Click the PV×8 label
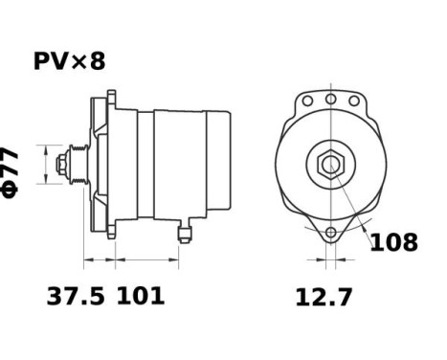point(69,61)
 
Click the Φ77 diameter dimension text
point(11,171)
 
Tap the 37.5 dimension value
point(78,297)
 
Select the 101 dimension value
point(141,297)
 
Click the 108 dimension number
point(393,242)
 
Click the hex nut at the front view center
point(330,164)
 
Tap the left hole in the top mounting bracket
point(307,99)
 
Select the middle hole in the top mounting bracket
point(330,98)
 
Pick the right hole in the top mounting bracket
point(353,99)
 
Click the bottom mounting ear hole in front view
point(330,233)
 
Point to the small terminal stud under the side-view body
point(184,231)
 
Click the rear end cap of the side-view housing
point(219,164)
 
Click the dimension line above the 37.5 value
point(100,259)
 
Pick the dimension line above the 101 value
point(148,259)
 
